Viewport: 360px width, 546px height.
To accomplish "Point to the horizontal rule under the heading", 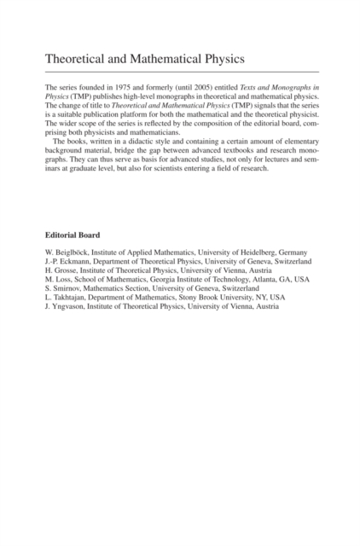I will coord(180,71).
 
